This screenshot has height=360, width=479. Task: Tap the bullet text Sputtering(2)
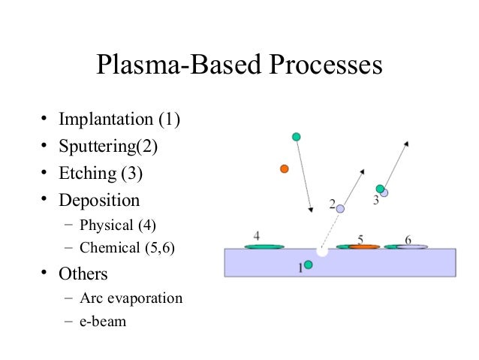(x=109, y=146)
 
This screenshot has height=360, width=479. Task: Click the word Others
(x=83, y=273)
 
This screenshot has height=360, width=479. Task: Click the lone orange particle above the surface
(x=284, y=168)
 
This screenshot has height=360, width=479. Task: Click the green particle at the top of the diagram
(x=297, y=137)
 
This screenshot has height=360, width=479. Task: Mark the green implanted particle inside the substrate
(x=308, y=265)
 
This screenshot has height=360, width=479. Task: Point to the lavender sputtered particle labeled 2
(x=340, y=208)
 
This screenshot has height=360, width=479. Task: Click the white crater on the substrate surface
(x=322, y=251)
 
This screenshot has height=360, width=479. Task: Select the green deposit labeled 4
(x=264, y=246)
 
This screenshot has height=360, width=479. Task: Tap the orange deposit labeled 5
(x=363, y=247)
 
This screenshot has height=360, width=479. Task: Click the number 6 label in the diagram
(x=408, y=239)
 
